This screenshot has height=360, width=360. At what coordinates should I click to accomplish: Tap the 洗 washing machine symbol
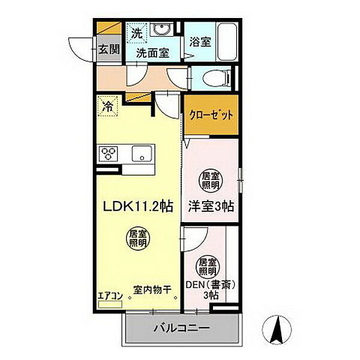click(x=137, y=33)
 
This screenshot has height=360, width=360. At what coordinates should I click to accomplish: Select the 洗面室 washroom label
click(x=152, y=53)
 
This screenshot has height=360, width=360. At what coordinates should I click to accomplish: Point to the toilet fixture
click(x=214, y=77)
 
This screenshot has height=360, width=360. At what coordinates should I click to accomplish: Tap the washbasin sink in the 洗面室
click(x=160, y=31)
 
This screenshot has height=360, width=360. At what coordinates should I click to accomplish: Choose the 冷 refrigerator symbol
click(x=109, y=107)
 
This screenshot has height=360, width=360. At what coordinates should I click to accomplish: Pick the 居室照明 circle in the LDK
click(x=137, y=241)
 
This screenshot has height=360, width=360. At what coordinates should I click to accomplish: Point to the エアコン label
click(x=110, y=295)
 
